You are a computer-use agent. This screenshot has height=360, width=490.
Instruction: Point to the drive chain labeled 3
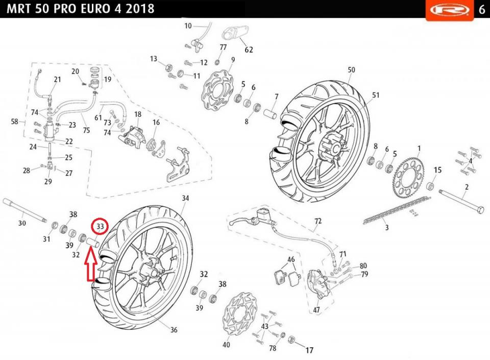click(x=390, y=211)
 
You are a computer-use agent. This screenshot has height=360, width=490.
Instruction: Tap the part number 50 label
click(x=351, y=70)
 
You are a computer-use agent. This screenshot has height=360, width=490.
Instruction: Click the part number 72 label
click(x=318, y=221)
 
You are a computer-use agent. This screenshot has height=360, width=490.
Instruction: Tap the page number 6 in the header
click(x=481, y=10)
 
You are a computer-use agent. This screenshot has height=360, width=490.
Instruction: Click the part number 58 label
click(x=15, y=122)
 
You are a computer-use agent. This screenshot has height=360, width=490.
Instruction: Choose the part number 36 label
click(x=174, y=330)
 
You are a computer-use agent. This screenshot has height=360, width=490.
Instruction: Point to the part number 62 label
click(x=249, y=50)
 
